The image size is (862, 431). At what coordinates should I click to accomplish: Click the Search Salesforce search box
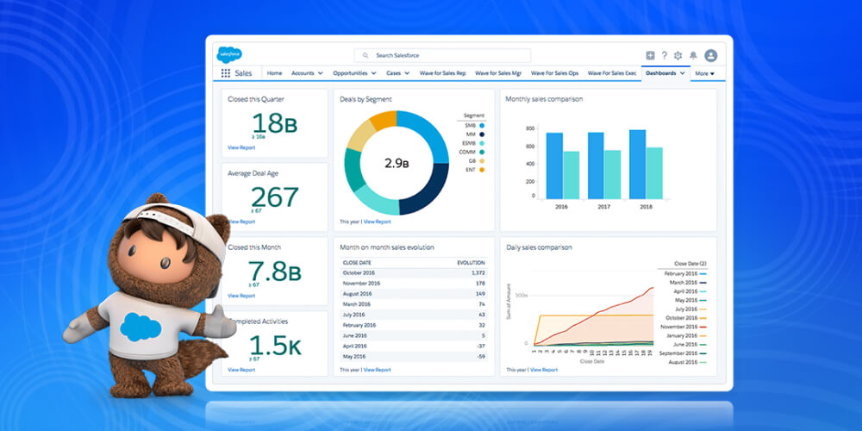[442, 55]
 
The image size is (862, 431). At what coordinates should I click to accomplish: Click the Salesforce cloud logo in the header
[230, 54]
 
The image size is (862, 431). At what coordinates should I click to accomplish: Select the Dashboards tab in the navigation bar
[661, 73]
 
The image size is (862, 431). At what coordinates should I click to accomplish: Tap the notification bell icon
[693, 55]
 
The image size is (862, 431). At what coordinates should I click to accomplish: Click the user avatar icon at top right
[710, 55]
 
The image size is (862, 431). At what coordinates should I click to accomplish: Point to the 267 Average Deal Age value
[274, 197]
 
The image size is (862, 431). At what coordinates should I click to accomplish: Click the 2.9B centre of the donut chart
[396, 163]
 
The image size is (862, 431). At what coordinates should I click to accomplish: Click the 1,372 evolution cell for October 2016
[474, 272]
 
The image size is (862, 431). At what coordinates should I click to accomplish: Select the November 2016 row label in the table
[363, 282]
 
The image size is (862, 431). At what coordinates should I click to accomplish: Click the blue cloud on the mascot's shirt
[141, 327]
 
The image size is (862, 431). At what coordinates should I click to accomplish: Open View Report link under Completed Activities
[241, 370]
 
